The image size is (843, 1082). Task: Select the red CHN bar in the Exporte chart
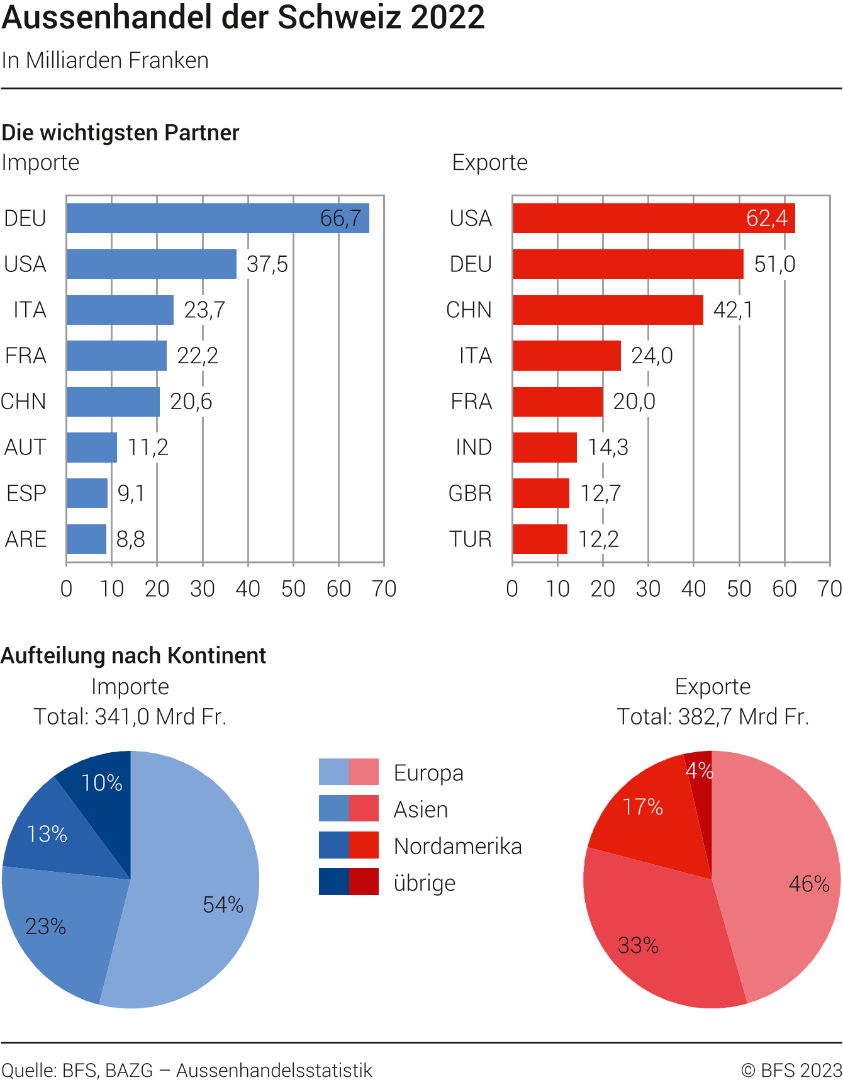[x=607, y=310]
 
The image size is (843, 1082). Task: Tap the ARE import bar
[x=86, y=539]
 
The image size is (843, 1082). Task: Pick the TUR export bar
[x=540, y=539]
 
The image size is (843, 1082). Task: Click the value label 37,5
[x=267, y=264]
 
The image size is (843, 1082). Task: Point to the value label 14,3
[x=608, y=447]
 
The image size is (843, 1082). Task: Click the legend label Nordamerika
[x=457, y=846]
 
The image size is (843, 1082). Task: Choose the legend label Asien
[x=420, y=809]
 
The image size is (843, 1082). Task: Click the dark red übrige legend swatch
[x=364, y=881]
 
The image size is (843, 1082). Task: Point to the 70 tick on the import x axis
[x=384, y=589]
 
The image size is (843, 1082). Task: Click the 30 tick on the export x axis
[x=648, y=589]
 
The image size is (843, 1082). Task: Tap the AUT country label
[x=25, y=447]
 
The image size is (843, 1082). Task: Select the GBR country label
[x=470, y=493]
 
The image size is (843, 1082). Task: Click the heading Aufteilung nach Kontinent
[x=133, y=655]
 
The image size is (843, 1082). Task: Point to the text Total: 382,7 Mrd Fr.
[x=712, y=716]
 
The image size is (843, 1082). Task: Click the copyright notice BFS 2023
[x=791, y=1070]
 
